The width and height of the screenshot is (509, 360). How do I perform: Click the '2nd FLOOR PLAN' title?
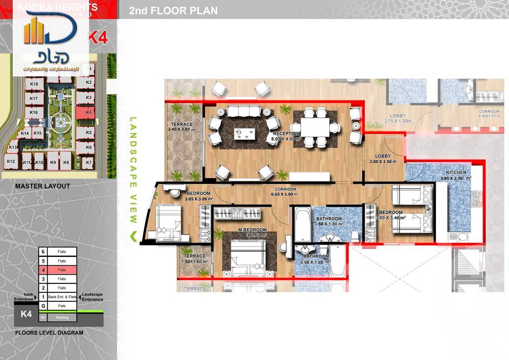click(173, 11)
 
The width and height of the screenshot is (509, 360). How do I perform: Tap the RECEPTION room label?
click(287, 134)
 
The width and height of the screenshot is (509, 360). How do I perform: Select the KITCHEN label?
click(456, 172)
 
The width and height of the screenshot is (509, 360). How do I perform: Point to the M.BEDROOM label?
click(252, 230)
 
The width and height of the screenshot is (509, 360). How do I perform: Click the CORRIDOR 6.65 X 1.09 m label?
click(285, 189)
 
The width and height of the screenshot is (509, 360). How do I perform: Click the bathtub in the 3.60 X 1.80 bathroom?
click(303, 224)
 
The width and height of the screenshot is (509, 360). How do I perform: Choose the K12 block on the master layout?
click(11, 161)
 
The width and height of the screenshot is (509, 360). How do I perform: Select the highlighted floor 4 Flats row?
click(62, 270)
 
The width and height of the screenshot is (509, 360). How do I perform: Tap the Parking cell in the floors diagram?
click(62, 317)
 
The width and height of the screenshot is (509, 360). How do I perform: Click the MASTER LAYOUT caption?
click(42, 186)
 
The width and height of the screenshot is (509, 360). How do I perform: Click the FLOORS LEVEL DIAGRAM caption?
click(49, 333)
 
